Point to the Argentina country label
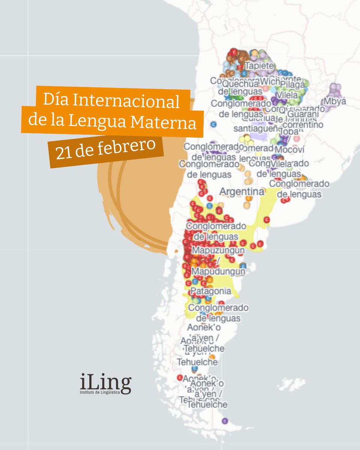(241, 192)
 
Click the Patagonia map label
(211, 291)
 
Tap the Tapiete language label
(259, 65)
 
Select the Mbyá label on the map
(335, 101)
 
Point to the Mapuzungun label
(218, 250)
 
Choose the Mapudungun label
(218, 271)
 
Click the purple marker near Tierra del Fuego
(225, 421)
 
